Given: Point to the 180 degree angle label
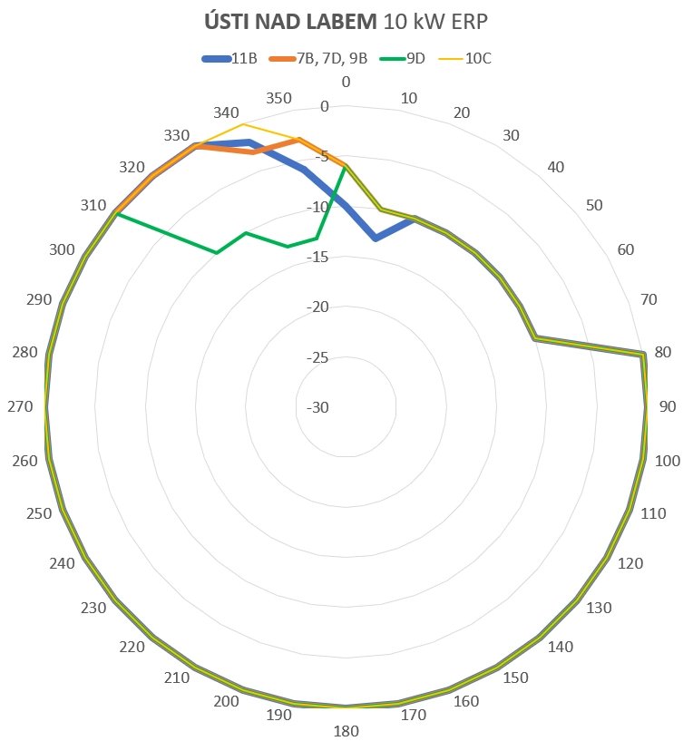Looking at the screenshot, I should click(346, 732).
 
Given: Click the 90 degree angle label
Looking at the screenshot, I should click(668, 406).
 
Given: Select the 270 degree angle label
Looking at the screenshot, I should click(20, 407).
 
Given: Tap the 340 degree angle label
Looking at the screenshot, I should click(226, 113).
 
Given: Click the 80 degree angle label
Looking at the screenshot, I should click(662, 351).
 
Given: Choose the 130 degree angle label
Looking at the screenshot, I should click(599, 608).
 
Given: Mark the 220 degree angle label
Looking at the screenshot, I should click(132, 647).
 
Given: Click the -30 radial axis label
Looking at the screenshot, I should click(317, 407).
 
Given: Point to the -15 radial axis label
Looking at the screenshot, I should click(317, 258).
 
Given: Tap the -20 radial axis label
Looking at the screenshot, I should click(317, 307).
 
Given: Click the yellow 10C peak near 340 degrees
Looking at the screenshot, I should click(242, 123).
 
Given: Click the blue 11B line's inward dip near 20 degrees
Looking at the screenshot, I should click(376, 239).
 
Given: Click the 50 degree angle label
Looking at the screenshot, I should click(595, 205).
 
